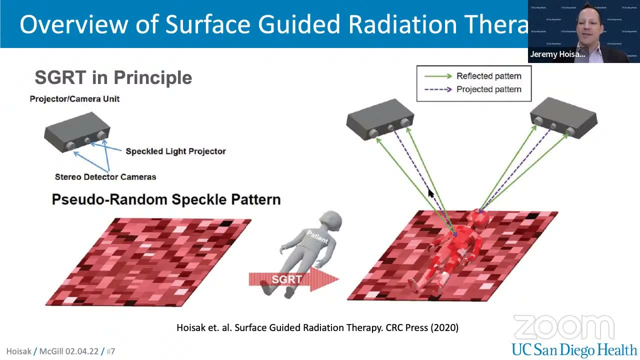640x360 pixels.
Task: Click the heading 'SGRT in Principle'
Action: (113, 77)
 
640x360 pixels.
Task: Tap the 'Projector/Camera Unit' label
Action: (74, 99)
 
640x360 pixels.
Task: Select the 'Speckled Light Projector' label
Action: (175, 151)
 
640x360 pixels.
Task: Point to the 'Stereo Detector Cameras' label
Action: (105, 177)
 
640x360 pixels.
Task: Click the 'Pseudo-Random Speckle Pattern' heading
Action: (166, 199)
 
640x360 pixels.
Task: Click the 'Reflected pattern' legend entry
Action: (488, 76)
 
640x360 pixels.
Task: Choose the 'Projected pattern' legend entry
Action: (488, 89)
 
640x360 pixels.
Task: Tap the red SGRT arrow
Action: (293, 279)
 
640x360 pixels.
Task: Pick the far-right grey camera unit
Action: (563, 118)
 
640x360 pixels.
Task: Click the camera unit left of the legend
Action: (380, 119)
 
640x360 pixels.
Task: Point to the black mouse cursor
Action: (431, 193)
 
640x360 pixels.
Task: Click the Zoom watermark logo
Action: (564, 328)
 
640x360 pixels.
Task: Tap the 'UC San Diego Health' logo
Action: (574, 349)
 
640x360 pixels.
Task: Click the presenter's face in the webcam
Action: (589, 25)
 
